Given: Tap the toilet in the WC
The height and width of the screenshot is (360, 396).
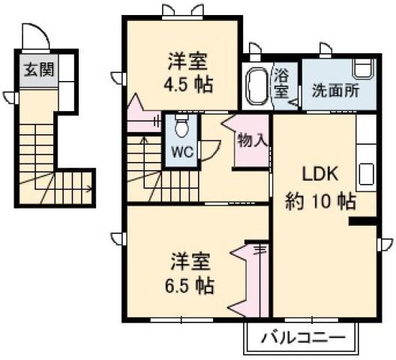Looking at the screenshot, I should (x=181, y=127).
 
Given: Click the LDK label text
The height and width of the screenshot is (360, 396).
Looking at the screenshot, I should (x=321, y=174).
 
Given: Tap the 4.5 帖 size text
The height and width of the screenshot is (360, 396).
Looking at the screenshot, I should (x=187, y=83).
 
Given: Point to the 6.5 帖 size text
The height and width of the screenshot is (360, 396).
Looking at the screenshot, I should (x=189, y=285).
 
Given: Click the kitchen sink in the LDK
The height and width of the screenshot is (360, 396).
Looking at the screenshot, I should (x=366, y=174).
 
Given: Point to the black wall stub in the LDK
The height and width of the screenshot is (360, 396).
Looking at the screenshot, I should (x=362, y=221).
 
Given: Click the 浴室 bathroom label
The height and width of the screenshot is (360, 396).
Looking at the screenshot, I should (x=281, y=82).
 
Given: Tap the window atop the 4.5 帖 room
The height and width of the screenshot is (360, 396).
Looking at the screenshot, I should (x=181, y=10).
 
